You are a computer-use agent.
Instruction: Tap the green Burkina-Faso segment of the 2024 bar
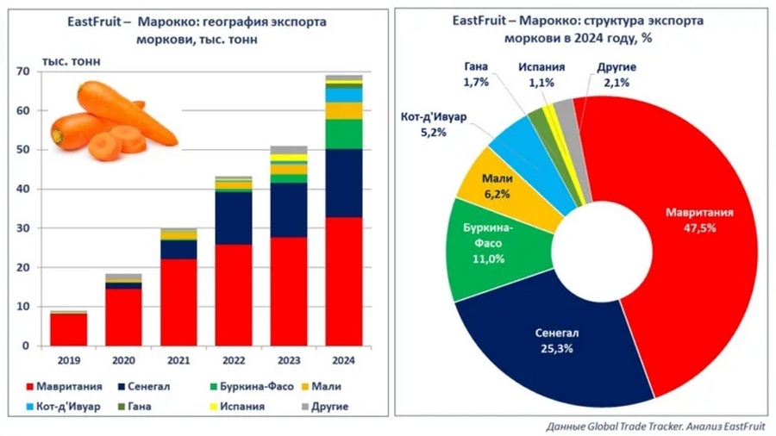tap(342, 134)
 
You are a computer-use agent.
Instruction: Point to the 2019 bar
tap(68, 328)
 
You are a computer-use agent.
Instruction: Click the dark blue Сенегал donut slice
tap(552, 340)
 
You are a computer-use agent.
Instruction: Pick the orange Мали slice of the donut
tap(498, 185)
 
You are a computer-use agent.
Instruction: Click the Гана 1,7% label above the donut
tap(476, 74)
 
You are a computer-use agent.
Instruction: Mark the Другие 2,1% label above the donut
tap(616, 74)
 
